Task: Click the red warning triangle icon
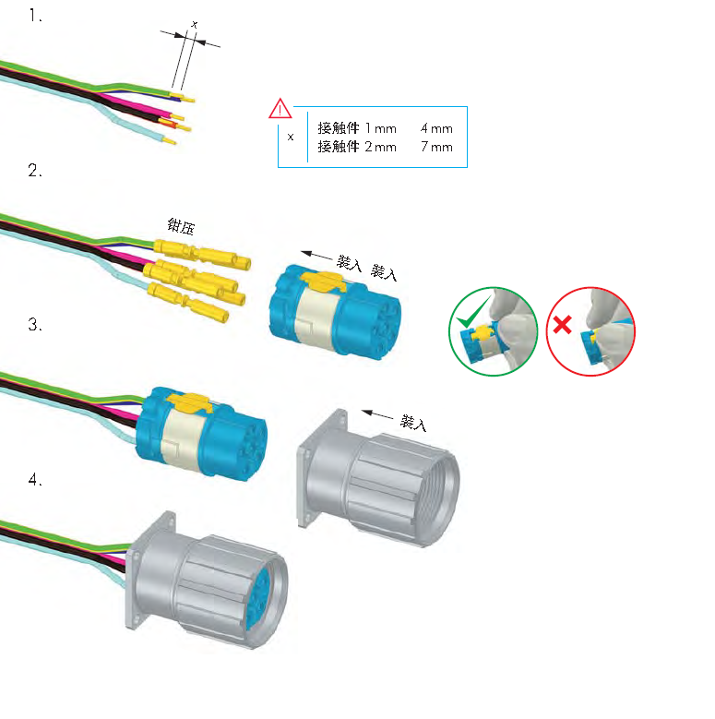pyautogui.click(x=280, y=110)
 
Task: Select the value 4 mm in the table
pyautogui.click(x=436, y=128)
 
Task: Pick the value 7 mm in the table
pyautogui.click(x=436, y=147)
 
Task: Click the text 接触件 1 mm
pyautogui.click(x=356, y=128)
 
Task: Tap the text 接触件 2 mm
pyautogui.click(x=356, y=147)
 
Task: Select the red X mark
pyautogui.click(x=561, y=325)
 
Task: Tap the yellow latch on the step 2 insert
pyautogui.click(x=319, y=279)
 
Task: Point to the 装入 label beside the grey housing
pyautogui.click(x=414, y=424)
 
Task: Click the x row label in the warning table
pyautogui.click(x=291, y=137)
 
